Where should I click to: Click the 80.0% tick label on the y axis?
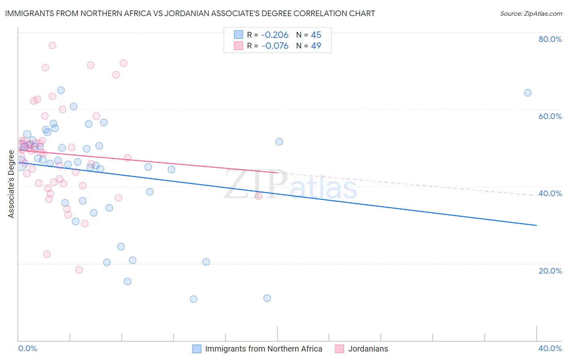pyautogui.click(x=550, y=39)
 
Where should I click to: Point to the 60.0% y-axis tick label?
pyautogui.click(x=550, y=116)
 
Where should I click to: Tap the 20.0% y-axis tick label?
pyautogui.click(x=550, y=270)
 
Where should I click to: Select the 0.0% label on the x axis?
pyautogui.click(x=27, y=348)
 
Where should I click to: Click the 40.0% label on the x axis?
pyautogui.click(x=550, y=348)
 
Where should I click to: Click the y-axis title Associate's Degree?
pyautogui.click(x=11, y=184)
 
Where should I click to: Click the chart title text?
pyautogui.click(x=190, y=13)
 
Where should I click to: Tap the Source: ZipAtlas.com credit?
pyautogui.click(x=531, y=13)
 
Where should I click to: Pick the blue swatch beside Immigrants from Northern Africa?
pyautogui.click(x=197, y=349)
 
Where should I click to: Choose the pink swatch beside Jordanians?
pyautogui.click(x=340, y=349)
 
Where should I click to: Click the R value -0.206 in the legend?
pyautogui.click(x=275, y=35)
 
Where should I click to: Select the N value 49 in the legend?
pyautogui.click(x=316, y=46)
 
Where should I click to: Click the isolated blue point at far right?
pyautogui.click(x=527, y=93)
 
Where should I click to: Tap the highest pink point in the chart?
pyautogui.click(x=52, y=45)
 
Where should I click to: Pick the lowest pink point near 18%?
pyautogui.click(x=79, y=270)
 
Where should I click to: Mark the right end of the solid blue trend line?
pyautogui.click(x=536, y=225)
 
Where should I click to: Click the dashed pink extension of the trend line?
pyautogui.click(x=403, y=184)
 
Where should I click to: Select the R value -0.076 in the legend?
pyautogui.click(x=275, y=46)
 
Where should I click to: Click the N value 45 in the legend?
pyautogui.click(x=316, y=35)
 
